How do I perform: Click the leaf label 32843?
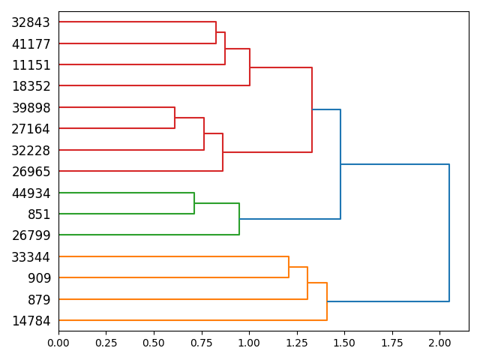click(x=31, y=22)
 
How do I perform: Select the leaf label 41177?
click(x=31, y=44)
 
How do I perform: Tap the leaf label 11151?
click(x=31, y=65)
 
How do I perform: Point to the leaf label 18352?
click(x=31, y=86)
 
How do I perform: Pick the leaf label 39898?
click(x=31, y=108)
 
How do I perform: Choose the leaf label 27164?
click(x=31, y=129)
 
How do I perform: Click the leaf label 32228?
click(x=31, y=150)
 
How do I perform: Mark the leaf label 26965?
click(x=31, y=172)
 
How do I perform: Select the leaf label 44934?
click(x=31, y=193)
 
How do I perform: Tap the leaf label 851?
click(x=38, y=214)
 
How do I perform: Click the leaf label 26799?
click(x=31, y=235)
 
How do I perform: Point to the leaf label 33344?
click(x=31, y=257)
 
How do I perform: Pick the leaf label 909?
click(x=38, y=278)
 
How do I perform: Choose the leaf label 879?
click(x=38, y=300)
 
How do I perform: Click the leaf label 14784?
click(x=31, y=321)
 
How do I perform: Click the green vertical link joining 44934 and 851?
click(x=194, y=203)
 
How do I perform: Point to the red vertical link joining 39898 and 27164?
click(x=175, y=118)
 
